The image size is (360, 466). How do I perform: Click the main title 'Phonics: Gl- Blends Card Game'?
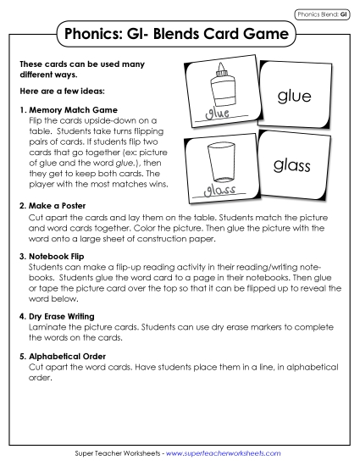(x=178, y=35)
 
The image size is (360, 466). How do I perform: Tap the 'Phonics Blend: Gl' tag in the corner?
(x=320, y=14)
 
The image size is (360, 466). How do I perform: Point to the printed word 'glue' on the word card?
(x=294, y=97)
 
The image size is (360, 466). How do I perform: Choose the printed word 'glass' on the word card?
(x=293, y=166)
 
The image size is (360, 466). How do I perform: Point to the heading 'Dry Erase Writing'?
(x=64, y=315)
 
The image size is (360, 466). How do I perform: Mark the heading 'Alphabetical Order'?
(x=65, y=356)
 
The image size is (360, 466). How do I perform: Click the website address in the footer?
(x=227, y=455)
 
